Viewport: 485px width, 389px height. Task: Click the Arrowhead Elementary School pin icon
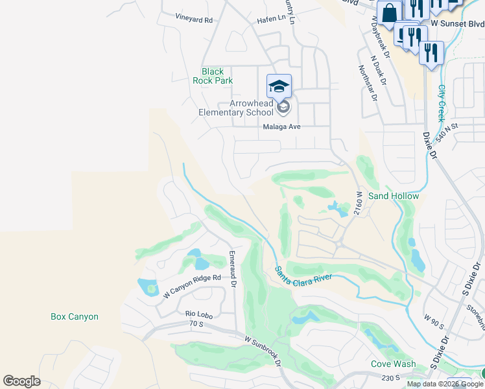279,86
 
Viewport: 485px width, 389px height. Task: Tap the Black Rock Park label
213,77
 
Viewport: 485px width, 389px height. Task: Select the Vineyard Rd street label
194,20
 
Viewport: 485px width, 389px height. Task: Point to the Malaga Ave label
282,127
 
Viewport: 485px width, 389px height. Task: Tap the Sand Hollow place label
394,196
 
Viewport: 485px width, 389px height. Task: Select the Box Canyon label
75,317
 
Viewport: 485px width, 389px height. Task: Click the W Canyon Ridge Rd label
193,286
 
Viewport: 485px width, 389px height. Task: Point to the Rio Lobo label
182,314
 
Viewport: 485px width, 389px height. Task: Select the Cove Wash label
393,364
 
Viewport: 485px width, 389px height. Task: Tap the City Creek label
442,102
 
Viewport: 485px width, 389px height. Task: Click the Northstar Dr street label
367,84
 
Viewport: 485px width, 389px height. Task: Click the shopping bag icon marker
390,13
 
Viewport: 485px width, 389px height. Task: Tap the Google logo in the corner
21,381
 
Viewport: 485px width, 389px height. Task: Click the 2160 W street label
358,204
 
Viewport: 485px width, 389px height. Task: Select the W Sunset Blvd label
457,24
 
